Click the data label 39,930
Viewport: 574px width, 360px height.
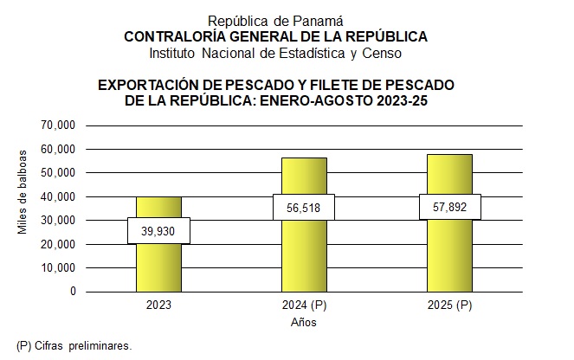(x=158, y=230)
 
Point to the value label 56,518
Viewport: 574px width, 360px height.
(x=304, y=207)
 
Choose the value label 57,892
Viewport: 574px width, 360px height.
(x=449, y=207)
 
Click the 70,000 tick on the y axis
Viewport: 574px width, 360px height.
(x=59, y=125)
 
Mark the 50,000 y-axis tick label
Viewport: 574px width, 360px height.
(x=59, y=173)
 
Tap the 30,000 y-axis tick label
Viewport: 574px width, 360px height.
(x=59, y=221)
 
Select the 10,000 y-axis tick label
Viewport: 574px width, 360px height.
(x=59, y=268)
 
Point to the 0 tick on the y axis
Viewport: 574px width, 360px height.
(x=73, y=292)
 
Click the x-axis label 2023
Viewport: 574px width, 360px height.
(x=158, y=306)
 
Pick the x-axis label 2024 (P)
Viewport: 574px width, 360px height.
(x=304, y=306)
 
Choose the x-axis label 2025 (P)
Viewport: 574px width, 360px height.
(x=449, y=306)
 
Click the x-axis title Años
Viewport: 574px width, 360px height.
(x=303, y=323)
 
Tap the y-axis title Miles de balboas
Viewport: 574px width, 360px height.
(x=23, y=192)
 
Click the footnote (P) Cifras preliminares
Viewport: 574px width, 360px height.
(x=74, y=345)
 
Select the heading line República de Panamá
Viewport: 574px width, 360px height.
(x=275, y=20)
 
